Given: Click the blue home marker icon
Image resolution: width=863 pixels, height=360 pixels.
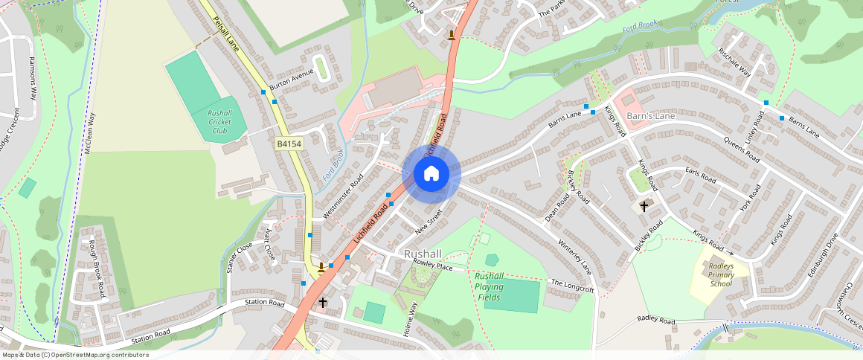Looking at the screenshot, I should pos(431,174).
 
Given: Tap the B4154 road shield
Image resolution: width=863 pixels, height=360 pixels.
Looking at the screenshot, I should pos(289,144).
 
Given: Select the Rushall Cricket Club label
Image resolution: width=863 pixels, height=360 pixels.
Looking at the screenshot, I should pos(220,121).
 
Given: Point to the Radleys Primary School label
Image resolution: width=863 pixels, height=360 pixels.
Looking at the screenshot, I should pos(721,274).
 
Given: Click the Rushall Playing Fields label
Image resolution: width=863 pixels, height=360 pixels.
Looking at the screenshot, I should pos(489,286).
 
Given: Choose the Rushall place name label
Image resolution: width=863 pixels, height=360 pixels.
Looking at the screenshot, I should pos(423,254).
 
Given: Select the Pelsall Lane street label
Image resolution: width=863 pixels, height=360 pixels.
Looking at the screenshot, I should pos(225,34).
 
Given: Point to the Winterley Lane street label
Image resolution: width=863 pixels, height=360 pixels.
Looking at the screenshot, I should pos(574,256).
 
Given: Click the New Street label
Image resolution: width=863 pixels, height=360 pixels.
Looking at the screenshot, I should pos(429,222).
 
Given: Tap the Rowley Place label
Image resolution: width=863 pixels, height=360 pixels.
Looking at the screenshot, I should pos(434,266).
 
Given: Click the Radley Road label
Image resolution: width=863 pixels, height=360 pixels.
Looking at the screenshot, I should pos(655,320).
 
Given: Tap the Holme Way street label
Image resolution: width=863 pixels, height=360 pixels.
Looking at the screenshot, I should pos(410,320).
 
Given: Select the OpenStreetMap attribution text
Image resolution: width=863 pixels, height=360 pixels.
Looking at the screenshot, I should pos(75,355).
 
